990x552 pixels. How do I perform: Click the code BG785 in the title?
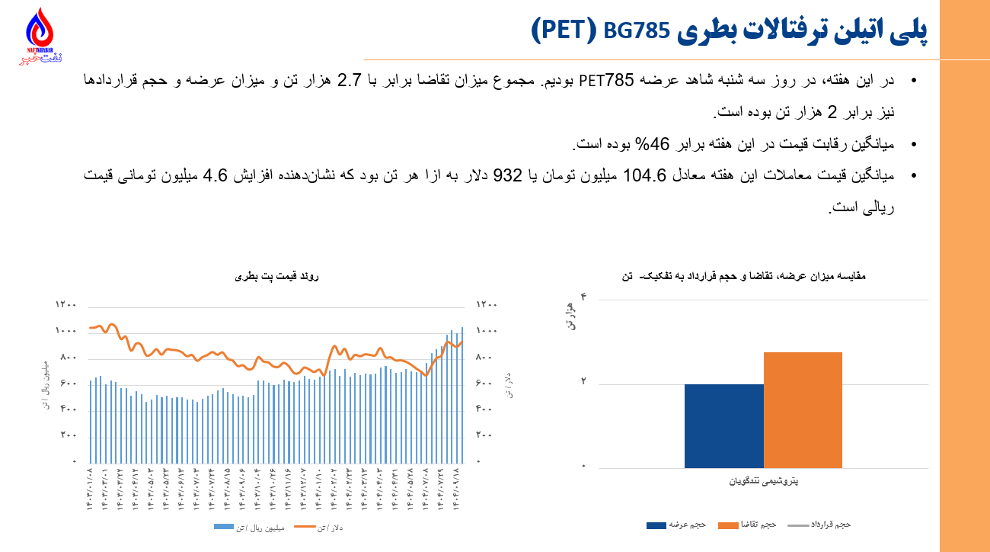(636, 30)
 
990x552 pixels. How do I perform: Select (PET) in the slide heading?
(563, 30)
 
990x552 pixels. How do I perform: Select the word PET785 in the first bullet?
(606, 81)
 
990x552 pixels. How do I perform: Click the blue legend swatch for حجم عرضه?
(656, 525)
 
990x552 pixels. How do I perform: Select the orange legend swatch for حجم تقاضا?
(729, 525)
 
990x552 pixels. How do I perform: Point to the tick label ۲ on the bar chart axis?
(584, 381)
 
